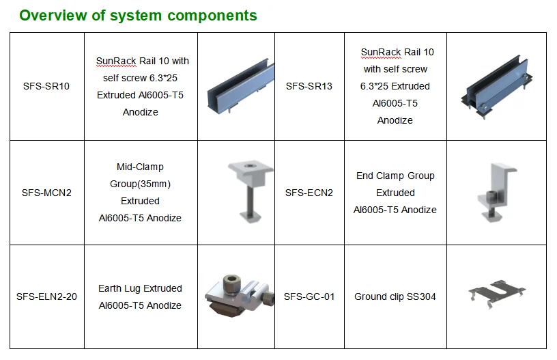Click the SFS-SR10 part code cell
coord(46,87)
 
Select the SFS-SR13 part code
coord(309,87)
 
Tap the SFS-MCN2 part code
coord(46,193)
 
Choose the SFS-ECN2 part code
coord(309,193)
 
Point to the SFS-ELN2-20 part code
coord(46,296)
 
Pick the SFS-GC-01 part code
coord(309,296)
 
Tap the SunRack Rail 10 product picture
coord(235,87)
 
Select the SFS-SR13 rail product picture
coord(496,87)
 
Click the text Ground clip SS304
coord(395,296)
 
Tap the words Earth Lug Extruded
coord(140,288)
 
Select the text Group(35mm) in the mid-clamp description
coord(140,184)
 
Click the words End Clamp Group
coord(395,176)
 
